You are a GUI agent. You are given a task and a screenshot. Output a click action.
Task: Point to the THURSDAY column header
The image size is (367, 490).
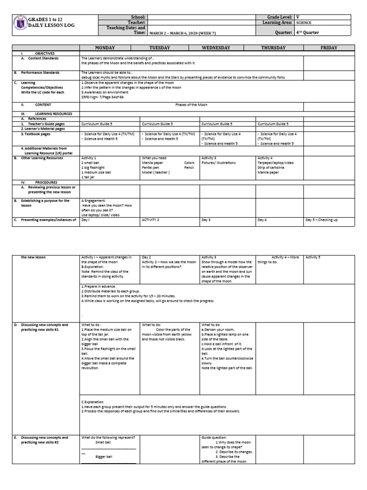click(273, 48)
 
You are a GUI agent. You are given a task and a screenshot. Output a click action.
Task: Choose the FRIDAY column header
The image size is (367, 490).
click(329, 48)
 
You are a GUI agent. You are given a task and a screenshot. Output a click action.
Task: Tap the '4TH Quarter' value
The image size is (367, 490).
click(308, 33)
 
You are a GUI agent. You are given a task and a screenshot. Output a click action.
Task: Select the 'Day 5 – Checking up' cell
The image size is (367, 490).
click(321, 220)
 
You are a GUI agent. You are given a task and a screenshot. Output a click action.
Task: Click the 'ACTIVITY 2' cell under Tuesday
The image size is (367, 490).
click(151, 220)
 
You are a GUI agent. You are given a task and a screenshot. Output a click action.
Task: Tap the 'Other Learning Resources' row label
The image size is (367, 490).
click(42, 158)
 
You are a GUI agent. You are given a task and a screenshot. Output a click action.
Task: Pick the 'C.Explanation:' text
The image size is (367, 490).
click(93, 402)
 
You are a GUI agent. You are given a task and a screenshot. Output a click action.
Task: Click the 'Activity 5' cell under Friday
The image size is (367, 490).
click(313, 257)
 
